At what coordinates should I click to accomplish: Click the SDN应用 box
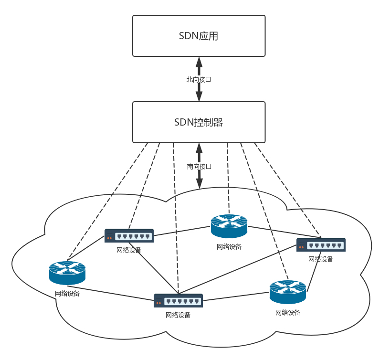tap(199, 36)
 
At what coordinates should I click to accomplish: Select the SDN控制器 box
tap(199, 122)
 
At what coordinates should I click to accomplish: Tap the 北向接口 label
tap(199, 80)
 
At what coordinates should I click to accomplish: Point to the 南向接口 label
tap(199, 167)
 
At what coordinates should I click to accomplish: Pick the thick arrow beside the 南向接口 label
tap(200, 179)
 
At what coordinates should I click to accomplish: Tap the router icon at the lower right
tap(288, 292)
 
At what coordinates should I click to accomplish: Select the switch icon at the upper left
tap(129, 236)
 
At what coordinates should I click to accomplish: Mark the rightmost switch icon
tap(321, 245)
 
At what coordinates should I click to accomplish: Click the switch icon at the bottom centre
tap(178, 300)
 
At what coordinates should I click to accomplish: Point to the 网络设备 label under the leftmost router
tap(67, 294)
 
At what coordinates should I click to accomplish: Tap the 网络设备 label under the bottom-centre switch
tap(178, 315)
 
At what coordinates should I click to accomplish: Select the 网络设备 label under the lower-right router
tap(288, 313)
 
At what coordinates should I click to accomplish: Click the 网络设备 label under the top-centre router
tap(229, 247)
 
